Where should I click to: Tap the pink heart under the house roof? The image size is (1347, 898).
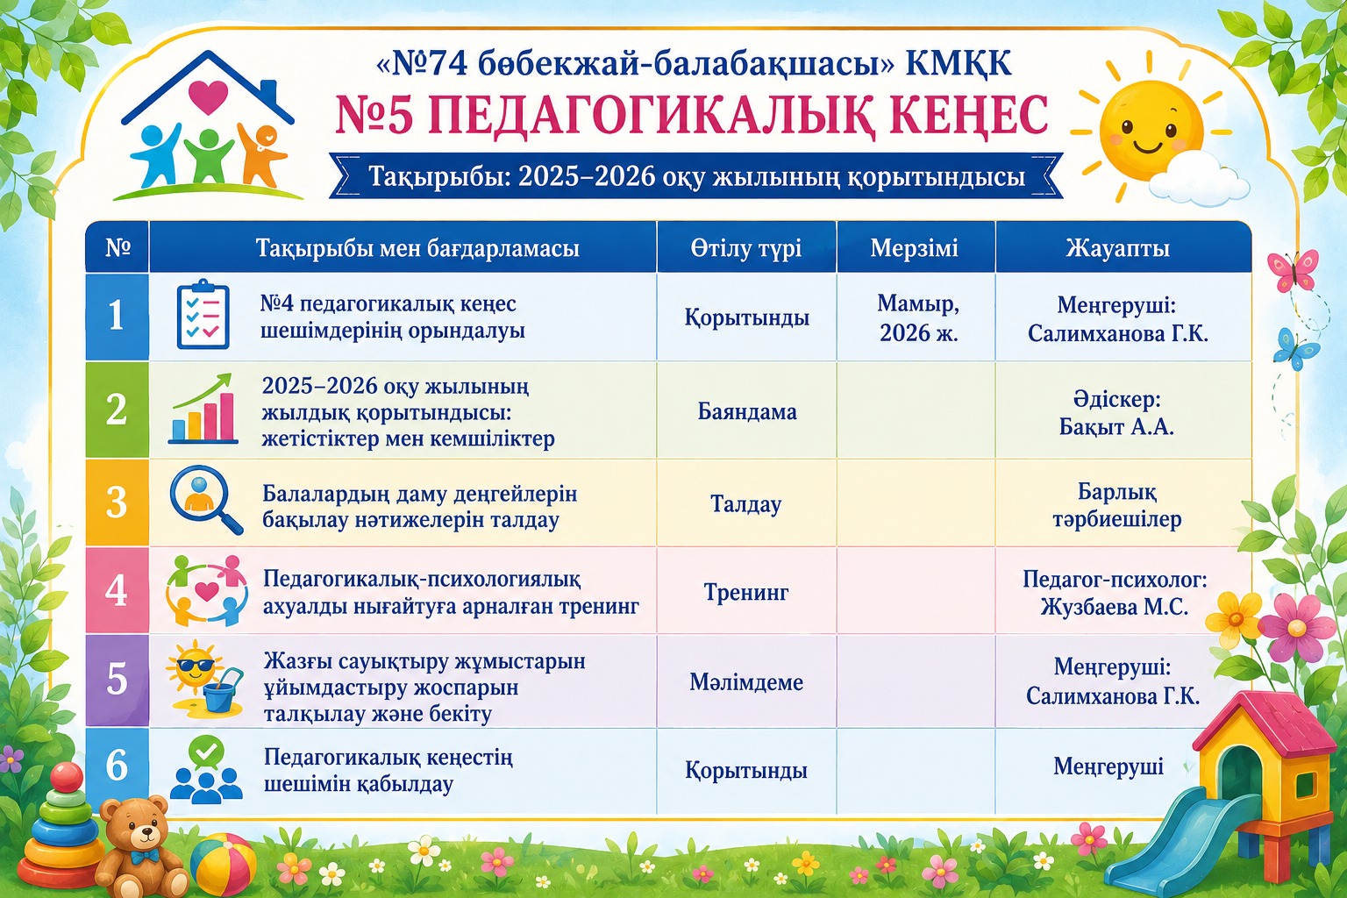208,97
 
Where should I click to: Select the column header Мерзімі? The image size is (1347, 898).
914,248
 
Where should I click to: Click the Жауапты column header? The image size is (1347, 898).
1118,248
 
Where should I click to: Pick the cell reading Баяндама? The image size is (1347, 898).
747,411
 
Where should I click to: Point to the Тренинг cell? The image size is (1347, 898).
746,593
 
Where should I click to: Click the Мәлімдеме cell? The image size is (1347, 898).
746,682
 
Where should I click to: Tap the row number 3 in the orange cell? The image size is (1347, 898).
117,502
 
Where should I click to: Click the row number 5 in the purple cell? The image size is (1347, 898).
117,680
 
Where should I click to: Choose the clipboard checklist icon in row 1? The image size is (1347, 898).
203,313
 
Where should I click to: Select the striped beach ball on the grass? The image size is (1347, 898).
223,865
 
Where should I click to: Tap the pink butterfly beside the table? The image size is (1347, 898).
1293,271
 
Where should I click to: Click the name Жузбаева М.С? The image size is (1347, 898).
1115,607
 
